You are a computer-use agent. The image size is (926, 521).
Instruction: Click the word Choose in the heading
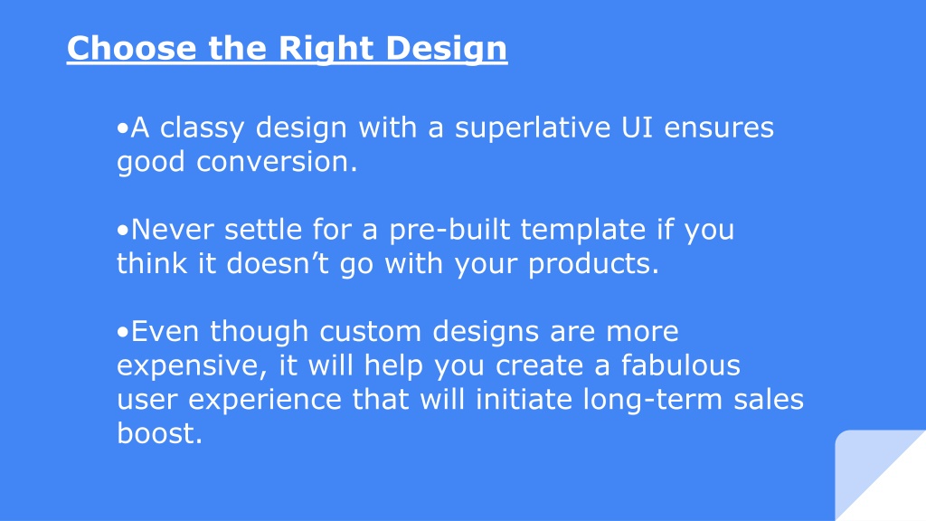click(x=131, y=48)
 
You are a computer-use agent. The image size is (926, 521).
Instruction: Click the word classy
click(x=202, y=128)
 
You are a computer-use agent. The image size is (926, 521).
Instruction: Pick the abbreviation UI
click(x=638, y=128)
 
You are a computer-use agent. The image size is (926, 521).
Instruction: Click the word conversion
click(x=277, y=162)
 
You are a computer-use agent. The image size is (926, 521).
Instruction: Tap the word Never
click(x=172, y=229)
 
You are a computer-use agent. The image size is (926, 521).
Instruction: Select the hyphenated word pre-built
click(x=449, y=231)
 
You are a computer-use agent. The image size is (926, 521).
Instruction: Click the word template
click(x=583, y=231)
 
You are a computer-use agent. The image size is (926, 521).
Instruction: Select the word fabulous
click(x=680, y=365)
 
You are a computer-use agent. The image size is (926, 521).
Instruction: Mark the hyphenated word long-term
click(x=653, y=400)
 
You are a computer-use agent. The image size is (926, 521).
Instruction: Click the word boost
click(x=159, y=433)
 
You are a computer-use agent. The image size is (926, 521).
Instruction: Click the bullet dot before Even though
click(x=122, y=332)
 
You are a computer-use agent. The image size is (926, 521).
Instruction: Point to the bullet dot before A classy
click(x=122, y=128)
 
